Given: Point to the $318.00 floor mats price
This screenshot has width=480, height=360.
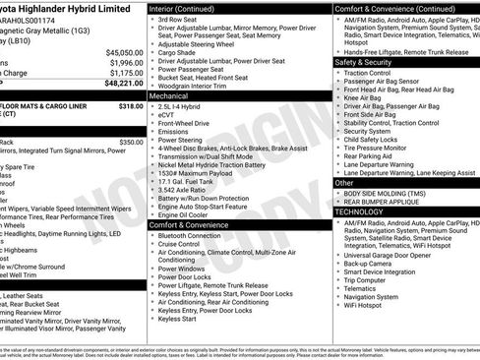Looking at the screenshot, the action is (130, 105).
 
